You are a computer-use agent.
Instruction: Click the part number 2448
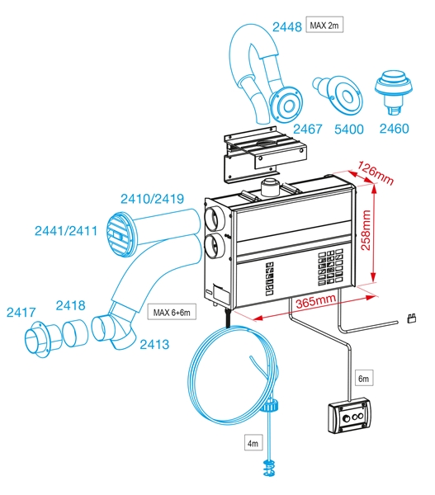[287, 27]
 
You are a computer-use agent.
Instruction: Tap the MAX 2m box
[324, 25]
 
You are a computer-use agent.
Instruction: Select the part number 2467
[307, 129]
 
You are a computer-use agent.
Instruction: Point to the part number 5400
[349, 129]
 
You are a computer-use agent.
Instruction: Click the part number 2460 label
[394, 129]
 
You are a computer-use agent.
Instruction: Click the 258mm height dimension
[366, 230]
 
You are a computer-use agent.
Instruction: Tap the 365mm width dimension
[315, 301]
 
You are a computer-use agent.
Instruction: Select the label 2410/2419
[152, 199]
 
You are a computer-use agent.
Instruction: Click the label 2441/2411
[66, 231]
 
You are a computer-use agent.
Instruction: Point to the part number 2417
[21, 312]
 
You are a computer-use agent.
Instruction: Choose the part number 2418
[70, 305]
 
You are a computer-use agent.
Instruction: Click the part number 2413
[154, 344]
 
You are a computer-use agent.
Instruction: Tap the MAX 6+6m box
[172, 312]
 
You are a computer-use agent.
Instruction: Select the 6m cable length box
[364, 378]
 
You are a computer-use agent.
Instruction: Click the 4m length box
[253, 443]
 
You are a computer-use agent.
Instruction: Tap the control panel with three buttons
[349, 415]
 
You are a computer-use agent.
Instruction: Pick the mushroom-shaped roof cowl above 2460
[393, 92]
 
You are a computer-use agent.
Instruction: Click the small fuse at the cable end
[412, 318]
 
